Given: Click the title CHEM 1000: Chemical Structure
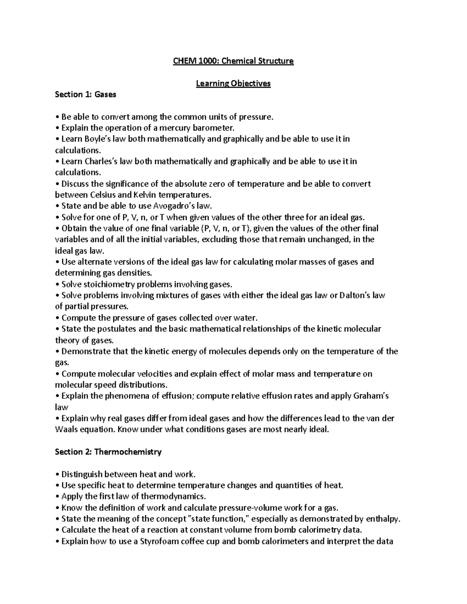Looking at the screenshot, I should (x=233, y=61).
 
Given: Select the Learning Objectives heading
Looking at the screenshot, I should (x=233, y=84).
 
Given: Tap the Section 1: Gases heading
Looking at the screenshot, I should (x=86, y=95).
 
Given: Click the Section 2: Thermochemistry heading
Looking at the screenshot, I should (x=108, y=452).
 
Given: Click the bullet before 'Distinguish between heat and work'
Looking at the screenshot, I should (x=57, y=474).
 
